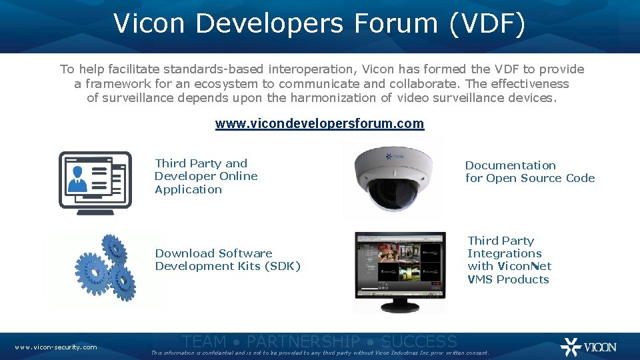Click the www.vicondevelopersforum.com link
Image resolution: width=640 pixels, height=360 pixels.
319,124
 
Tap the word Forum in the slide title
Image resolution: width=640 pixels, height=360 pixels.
394,23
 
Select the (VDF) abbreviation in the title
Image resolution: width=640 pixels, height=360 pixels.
487,23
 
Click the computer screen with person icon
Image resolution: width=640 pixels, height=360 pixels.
95,183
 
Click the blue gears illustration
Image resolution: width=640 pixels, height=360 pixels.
106,268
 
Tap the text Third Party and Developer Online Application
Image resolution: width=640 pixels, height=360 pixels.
206,176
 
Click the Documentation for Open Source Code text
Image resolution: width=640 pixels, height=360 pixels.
529,171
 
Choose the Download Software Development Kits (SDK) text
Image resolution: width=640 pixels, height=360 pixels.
227,259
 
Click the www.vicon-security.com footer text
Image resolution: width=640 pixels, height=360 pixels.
56,347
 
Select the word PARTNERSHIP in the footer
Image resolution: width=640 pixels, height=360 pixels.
303,342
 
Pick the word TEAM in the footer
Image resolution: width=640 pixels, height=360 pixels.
204,342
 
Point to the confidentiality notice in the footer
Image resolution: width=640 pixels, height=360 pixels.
320,353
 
